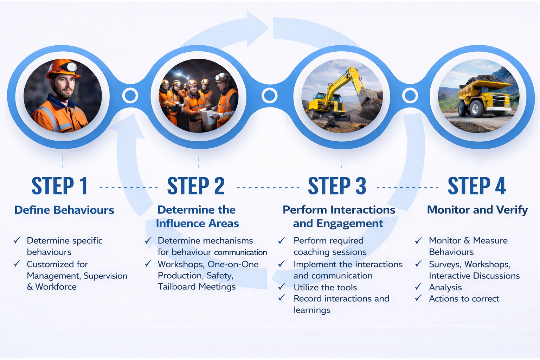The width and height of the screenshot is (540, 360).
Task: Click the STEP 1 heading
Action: tap(59, 186)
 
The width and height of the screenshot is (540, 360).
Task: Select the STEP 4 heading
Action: tap(477, 186)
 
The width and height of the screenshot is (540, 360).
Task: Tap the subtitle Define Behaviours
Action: tap(64, 210)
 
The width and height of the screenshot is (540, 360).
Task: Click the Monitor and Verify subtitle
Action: tap(477, 210)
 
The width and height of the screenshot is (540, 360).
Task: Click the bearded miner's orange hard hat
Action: tap(63, 69)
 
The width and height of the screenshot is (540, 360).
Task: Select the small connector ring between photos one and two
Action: tap(130, 96)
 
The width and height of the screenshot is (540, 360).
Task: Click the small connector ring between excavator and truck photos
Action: tap(410, 96)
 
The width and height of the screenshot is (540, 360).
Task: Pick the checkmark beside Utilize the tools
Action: tap(282, 287)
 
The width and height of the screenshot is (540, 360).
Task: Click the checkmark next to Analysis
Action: tap(418, 287)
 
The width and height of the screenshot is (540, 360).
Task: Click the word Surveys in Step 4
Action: tap(445, 264)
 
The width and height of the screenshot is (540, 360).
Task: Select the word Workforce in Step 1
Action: tap(56, 287)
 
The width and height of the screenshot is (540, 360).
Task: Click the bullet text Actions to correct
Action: tap(464, 299)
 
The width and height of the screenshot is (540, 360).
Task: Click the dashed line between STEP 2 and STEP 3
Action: tap(268, 187)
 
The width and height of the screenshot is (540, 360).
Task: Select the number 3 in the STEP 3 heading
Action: tap(361, 186)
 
